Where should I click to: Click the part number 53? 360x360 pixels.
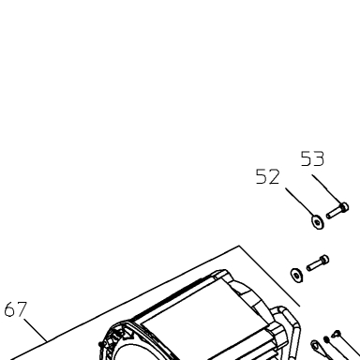pos(312,158)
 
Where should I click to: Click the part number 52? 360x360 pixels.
pos(267,176)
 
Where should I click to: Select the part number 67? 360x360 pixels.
pos(16,309)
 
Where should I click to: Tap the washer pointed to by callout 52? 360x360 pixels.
pos(318,222)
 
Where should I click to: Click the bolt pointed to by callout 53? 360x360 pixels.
pos(337,211)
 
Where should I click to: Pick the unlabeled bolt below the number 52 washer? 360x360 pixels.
pos(318,262)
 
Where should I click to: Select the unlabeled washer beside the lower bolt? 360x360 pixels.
pos(296,275)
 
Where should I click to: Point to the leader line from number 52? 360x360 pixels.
pos(300,202)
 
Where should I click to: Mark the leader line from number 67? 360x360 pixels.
pos(36,330)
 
